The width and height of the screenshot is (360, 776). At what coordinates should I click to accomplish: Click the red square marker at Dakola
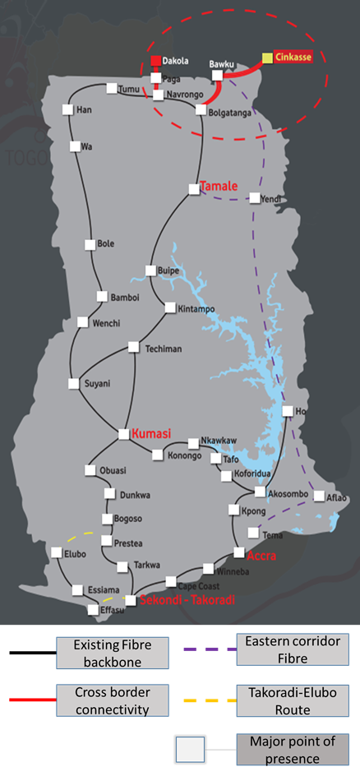tap(155, 61)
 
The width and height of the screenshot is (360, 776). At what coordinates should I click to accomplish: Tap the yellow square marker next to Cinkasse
tap(267, 58)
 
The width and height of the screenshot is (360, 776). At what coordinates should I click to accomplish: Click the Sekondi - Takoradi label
tap(187, 600)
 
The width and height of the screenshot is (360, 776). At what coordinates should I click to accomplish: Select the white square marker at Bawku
tap(218, 75)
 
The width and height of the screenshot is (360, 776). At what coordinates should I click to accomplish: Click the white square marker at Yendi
tap(255, 198)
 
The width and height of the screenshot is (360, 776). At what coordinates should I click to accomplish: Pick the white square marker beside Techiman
tap(133, 349)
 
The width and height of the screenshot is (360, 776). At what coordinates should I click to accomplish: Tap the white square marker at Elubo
tap(56, 553)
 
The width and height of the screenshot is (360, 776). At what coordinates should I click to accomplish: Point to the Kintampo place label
tap(196, 308)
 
